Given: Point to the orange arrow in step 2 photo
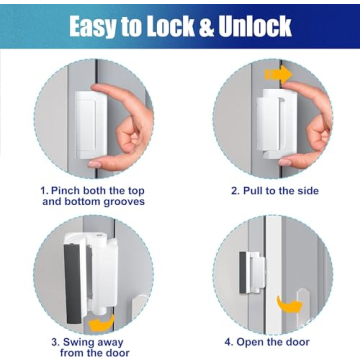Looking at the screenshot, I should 279,75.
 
